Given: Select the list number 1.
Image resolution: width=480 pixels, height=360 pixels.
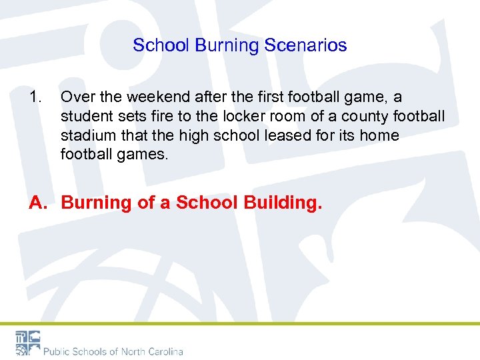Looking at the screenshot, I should (35, 97).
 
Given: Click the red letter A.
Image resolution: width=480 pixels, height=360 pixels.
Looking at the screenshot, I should (37, 203).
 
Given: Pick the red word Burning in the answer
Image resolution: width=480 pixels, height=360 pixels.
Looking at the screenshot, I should (96, 203).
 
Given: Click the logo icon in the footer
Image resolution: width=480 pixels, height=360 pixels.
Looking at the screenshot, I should (27, 342).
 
